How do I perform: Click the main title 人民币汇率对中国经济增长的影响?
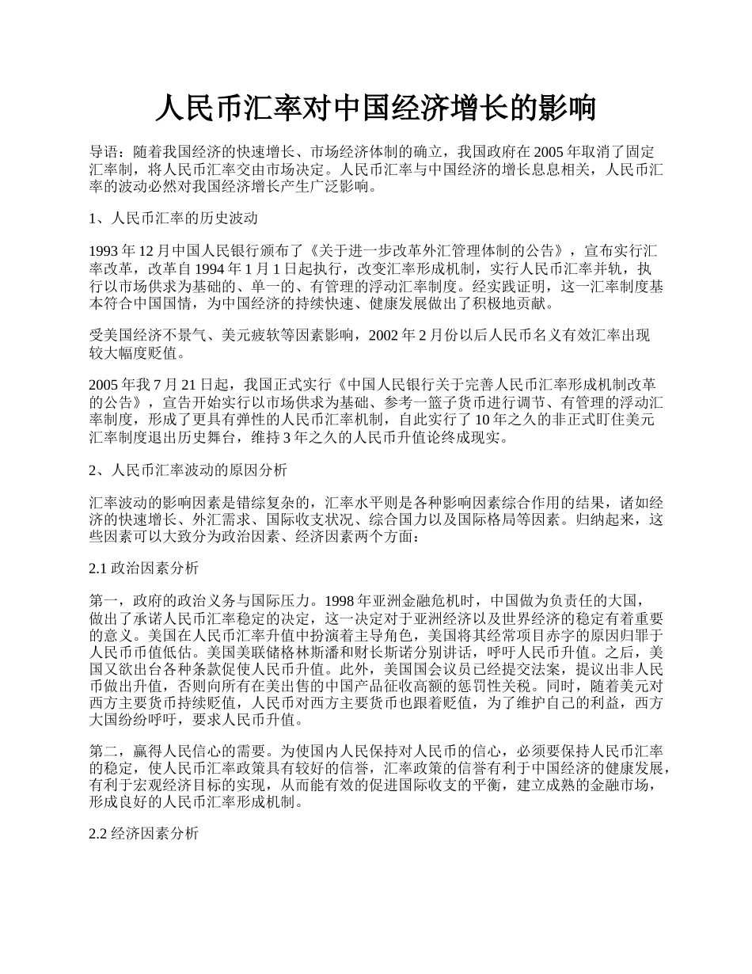coord(375,108)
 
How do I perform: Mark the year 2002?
coord(385,336)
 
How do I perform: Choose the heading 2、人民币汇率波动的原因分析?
coord(188,470)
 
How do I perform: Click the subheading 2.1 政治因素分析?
coord(144,569)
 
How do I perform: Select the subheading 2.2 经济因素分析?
coord(144,834)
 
